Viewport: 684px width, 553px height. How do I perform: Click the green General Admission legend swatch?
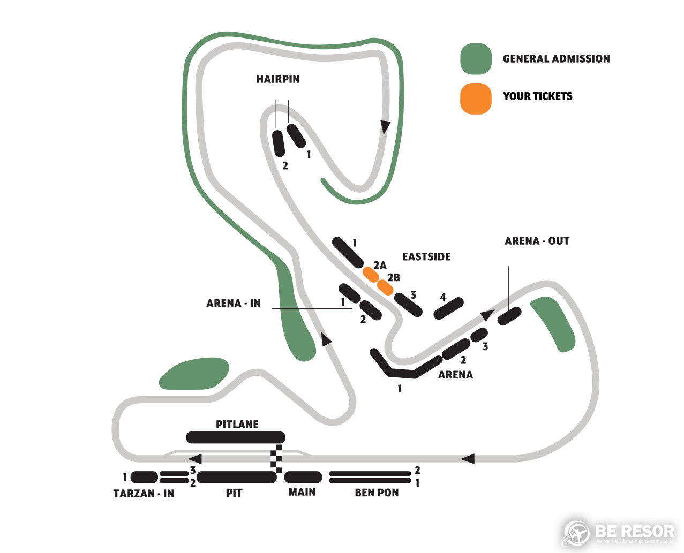(476, 59)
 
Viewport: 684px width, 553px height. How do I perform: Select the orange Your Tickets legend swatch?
(476, 99)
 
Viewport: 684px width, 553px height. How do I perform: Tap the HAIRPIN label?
(278, 79)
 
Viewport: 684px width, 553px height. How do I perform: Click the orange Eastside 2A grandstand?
(371, 275)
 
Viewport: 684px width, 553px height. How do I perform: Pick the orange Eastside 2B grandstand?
(385, 287)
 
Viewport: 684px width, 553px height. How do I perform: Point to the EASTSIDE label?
(426, 257)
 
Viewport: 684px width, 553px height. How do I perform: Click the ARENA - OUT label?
(537, 241)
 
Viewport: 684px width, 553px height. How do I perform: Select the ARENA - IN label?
(234, 303)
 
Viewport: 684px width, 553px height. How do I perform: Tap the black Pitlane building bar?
(236, 437)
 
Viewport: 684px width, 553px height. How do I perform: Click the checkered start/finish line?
(276, 459)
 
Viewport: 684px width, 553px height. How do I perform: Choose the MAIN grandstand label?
(302, 492)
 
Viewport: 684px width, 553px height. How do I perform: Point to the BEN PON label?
(377, 493)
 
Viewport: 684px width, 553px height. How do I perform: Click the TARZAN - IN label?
(144, 493)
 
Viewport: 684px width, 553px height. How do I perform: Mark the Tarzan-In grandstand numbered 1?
(144, 477)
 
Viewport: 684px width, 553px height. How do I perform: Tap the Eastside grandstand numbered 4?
(449, 308)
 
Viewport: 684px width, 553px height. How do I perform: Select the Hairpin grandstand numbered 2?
(279, 143)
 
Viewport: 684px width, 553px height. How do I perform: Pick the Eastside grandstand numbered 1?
(348, 253)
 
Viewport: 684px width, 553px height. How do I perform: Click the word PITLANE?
(237, 425)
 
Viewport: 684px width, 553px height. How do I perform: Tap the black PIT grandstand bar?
(237, 478)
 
